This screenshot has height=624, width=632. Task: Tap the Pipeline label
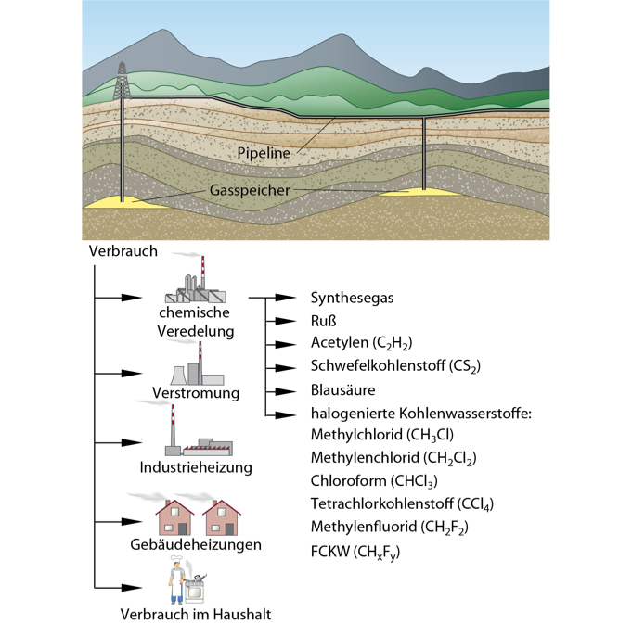[264, 151]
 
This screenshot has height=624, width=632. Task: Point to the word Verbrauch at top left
[123, 251]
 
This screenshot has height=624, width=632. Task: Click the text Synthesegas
[352, 298]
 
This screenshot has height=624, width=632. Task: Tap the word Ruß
[323, 321]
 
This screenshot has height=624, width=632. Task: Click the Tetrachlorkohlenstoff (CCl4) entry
[402, 504]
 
